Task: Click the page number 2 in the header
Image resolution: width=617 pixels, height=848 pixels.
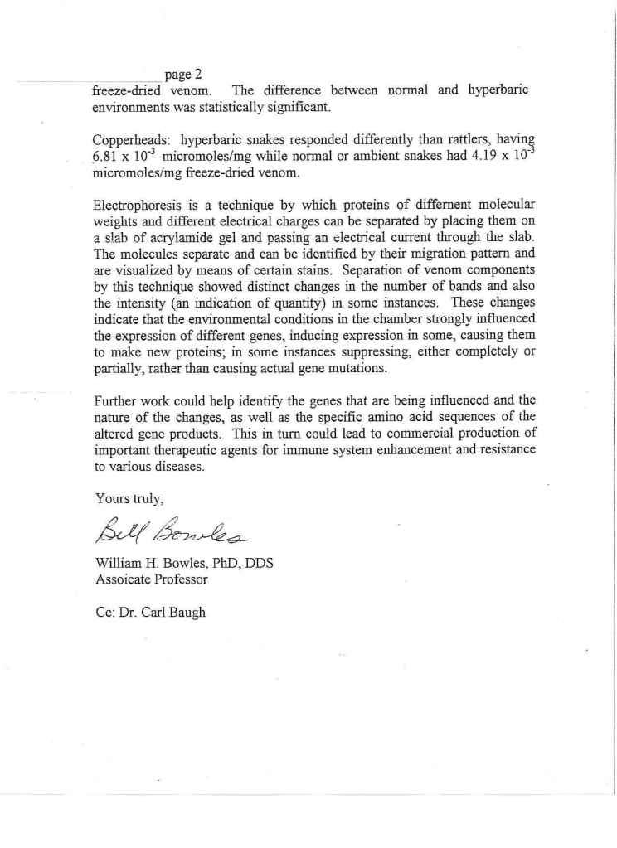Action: (198, 75)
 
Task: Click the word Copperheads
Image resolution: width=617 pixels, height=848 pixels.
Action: (128, 139)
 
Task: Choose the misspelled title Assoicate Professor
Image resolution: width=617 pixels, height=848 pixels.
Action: (150, 579)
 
